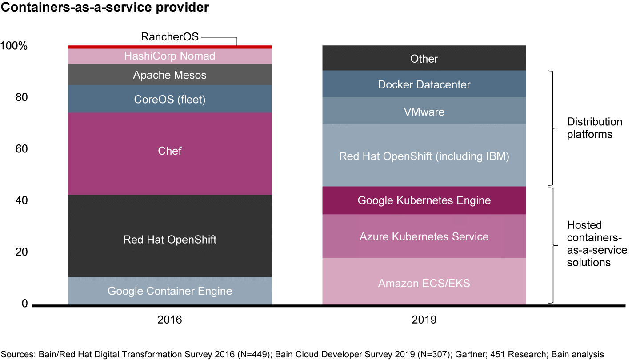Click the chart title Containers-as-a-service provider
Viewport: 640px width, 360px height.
tap(105, 8)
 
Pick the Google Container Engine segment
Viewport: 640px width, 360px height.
tap(169, 291)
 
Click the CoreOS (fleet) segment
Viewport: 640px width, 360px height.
tap(169, 99)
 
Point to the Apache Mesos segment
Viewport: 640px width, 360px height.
tap(169, 75)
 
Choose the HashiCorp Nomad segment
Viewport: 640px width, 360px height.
tap(169, 56)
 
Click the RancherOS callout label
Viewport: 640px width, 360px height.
tap(169, 36)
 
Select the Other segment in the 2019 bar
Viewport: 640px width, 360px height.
tap(424, 59)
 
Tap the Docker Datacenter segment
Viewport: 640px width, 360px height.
tap(424, 84)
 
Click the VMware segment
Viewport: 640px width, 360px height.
tap(424, 111)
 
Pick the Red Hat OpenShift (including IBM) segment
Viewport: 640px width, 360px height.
tap(424, 156)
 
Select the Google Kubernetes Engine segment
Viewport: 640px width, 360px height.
tap(424, 200)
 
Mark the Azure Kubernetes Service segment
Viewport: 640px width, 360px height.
tap(424, 236)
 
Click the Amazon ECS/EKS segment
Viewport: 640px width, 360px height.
tap(424, 283)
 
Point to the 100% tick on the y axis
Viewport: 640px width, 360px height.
tap(14, 46)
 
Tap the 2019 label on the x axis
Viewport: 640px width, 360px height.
tap(424, 320)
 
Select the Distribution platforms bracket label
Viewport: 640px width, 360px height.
tap(594, 128)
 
